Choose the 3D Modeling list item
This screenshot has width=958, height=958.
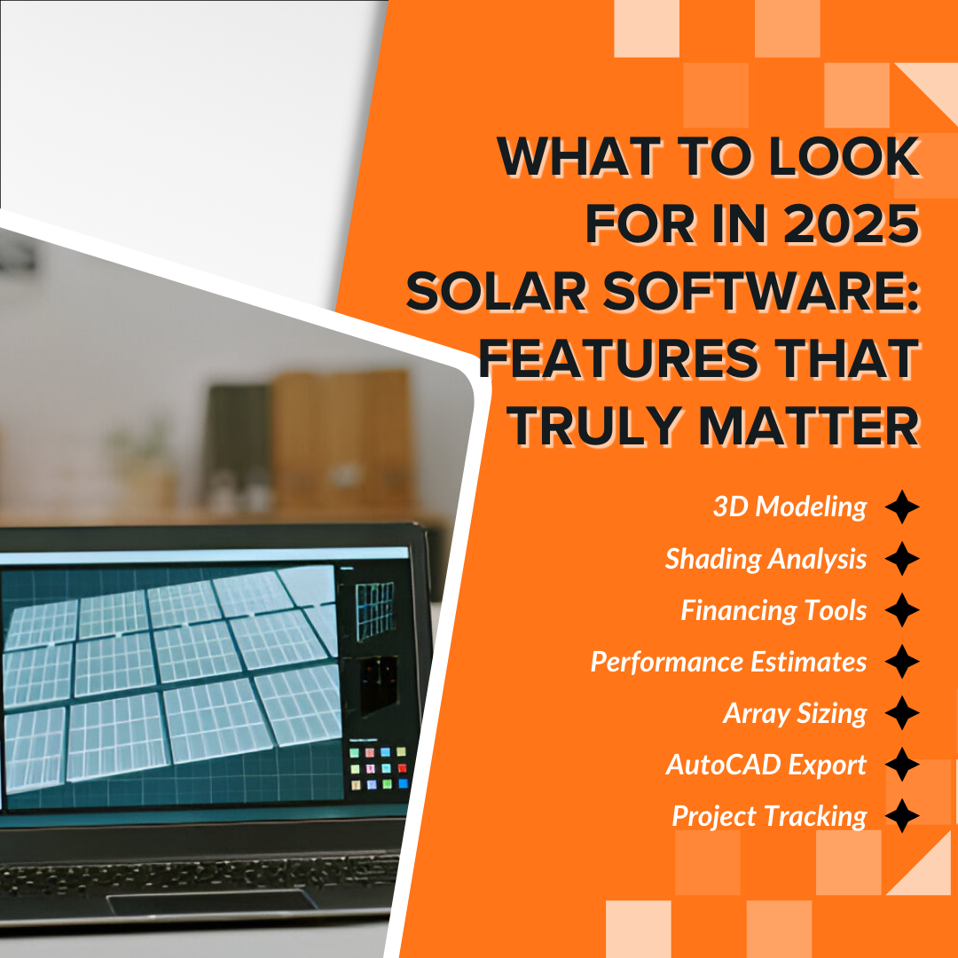tap(789, 506)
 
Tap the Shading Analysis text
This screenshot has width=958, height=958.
tap(766, 559)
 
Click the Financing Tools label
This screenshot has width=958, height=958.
tap(773, 610)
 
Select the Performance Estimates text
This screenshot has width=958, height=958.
tap(728, 662)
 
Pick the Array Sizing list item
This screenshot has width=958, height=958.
tap(795, 713)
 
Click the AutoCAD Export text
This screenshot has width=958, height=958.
tap(766, 765)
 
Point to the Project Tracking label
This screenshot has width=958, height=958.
tap(769, 816)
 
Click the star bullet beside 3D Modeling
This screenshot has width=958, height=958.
tap(902, 507)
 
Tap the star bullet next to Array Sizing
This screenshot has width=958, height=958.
tap(902, 713)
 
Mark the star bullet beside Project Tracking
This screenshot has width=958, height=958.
tap(902, 816)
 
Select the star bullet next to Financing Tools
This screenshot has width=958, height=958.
tap(902, 610)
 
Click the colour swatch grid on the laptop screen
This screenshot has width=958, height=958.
tap(379, 767)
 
